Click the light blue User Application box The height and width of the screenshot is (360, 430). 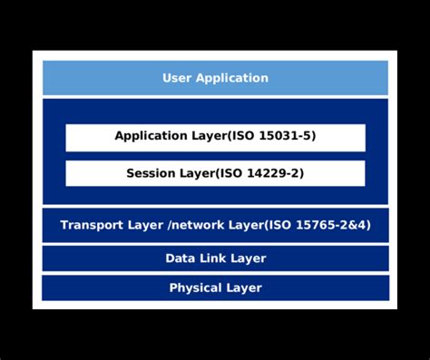pyautogui.click(x=215, y=78)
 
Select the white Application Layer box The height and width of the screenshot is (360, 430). pyautogui.click(x=215, y=137)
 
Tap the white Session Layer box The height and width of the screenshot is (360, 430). pyautogui.click(x=215, y=172)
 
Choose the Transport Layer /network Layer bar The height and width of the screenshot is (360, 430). pyautogui.click(x=215, y=225)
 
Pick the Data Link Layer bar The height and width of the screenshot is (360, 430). pyautogui.click(x=215, y=258)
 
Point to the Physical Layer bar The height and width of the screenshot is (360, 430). pyautogui.click(x=215, y=287)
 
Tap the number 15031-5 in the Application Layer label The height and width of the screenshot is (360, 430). pyautogui.click(x=285, y=137)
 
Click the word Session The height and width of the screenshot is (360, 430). pyautogui.click(x=151, y=172)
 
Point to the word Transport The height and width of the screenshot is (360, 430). pyautogui.click(x=91, y=225)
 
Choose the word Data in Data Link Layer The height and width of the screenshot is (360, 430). pyautogui.click(x=180, y=258)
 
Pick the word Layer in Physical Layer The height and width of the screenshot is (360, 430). pyautogui.click(x=244, y=288)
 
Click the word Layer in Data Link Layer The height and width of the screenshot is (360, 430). pyautogui.click(x=249, y=258)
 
